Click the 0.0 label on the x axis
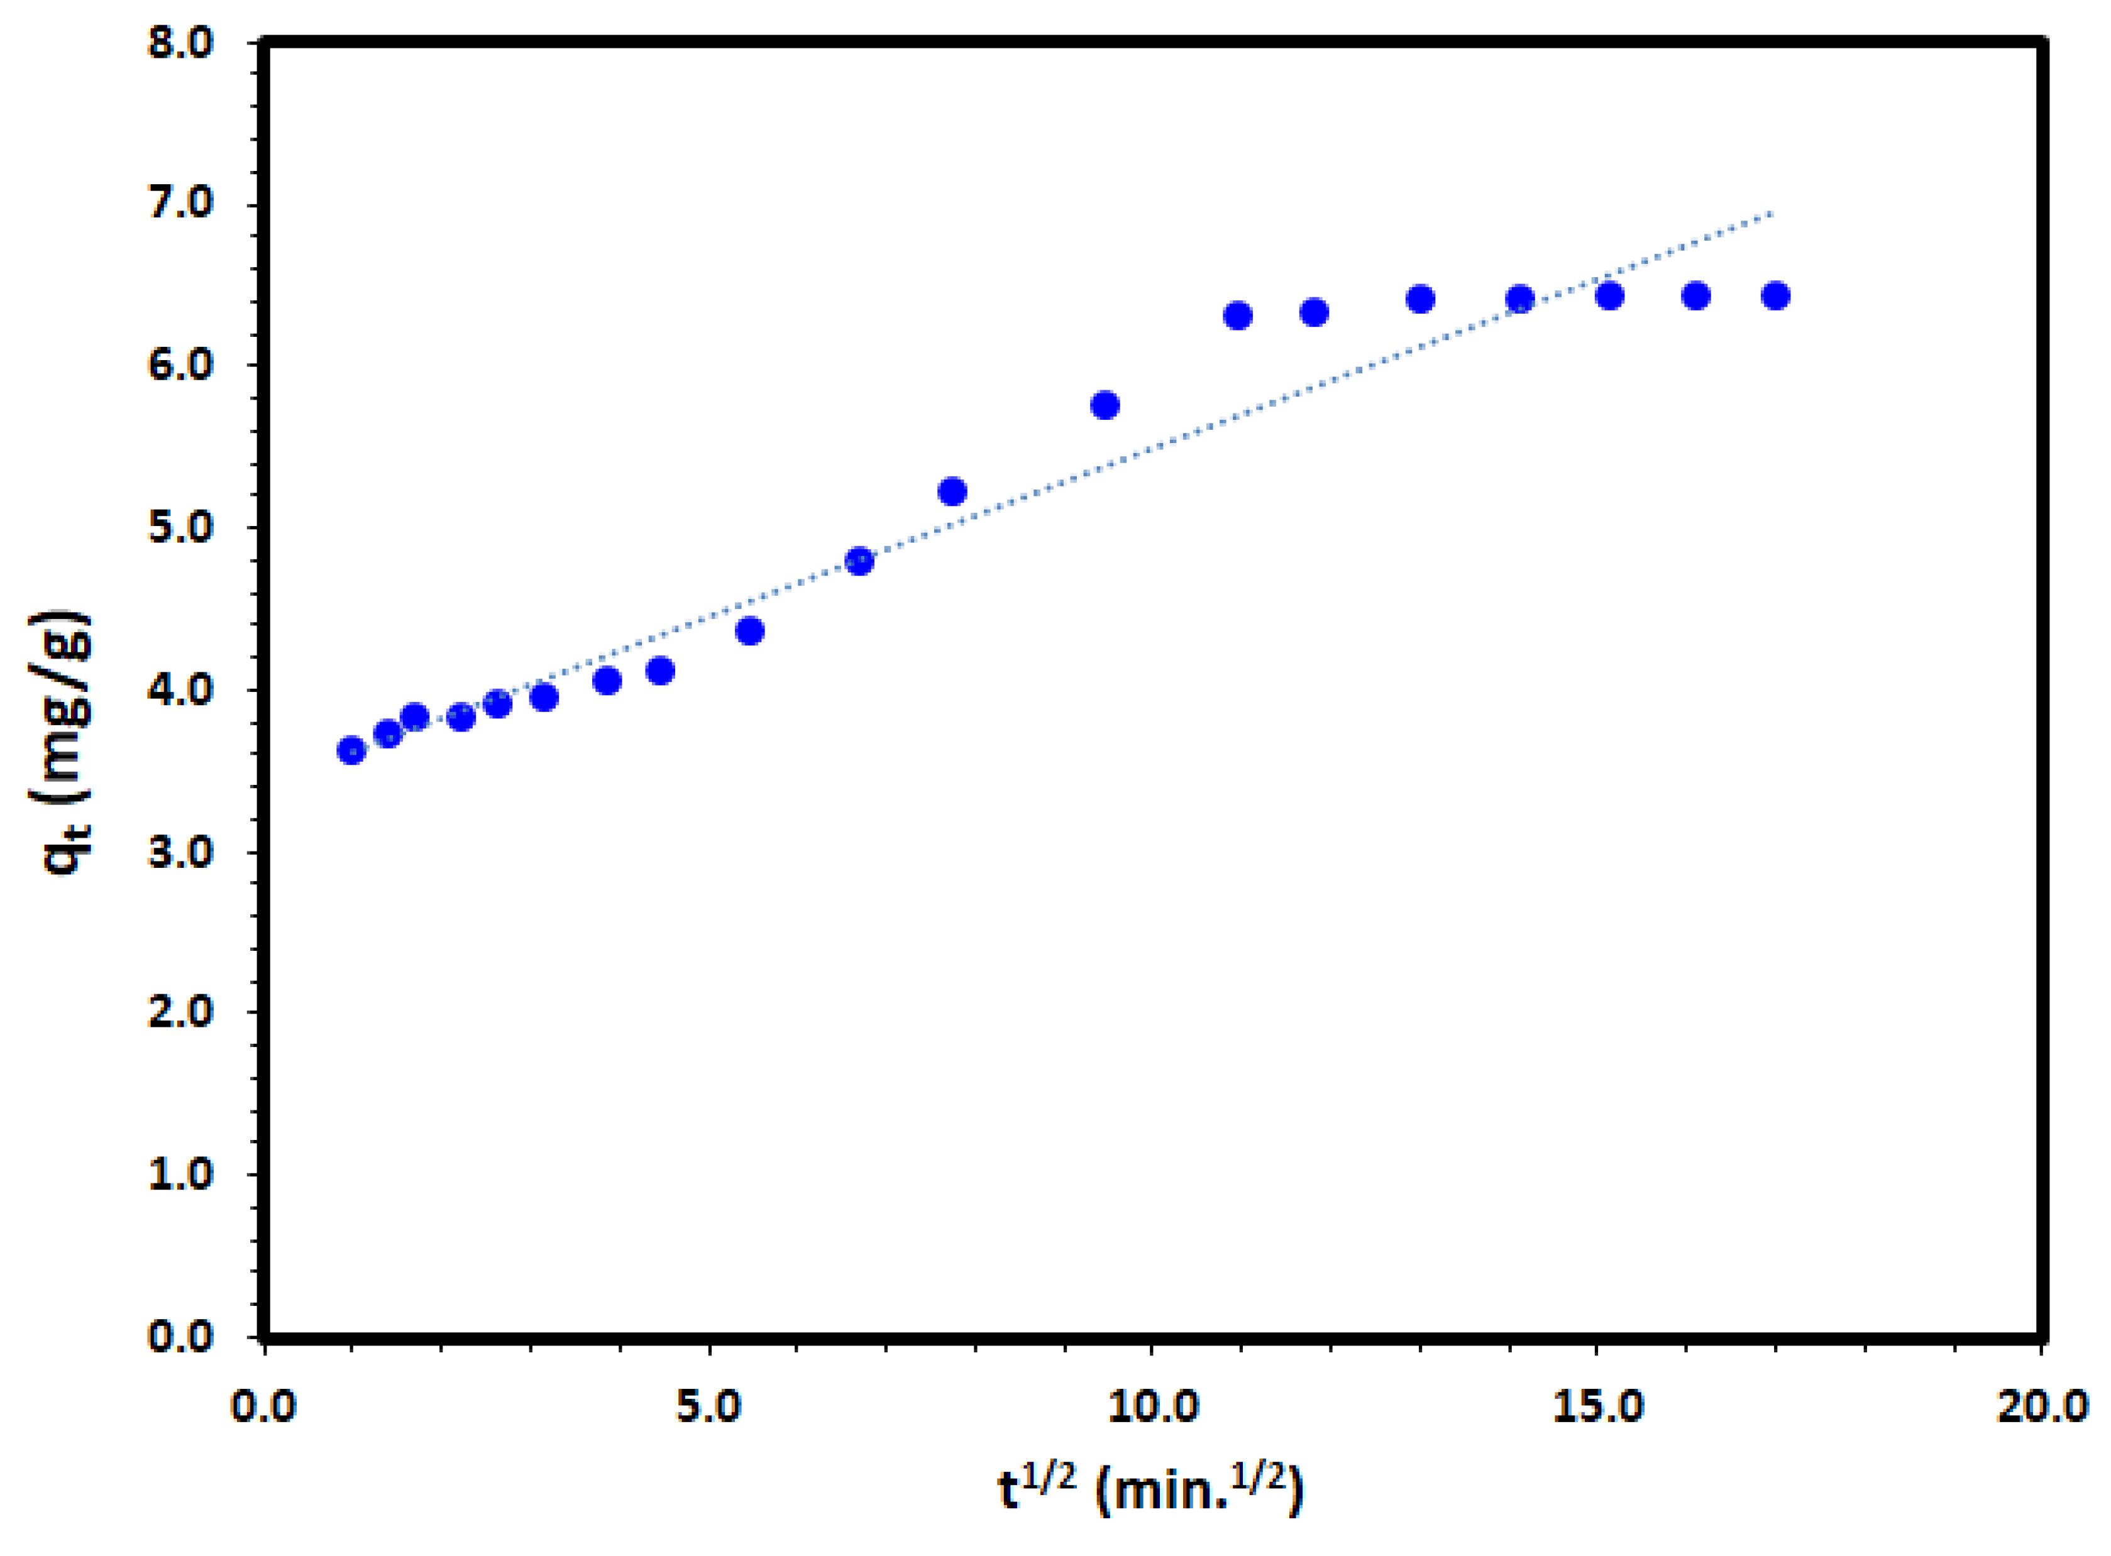[x=265, y=1406]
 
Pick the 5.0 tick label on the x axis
[x=708, y=1406]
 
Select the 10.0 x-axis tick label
[x=1152, y=1406]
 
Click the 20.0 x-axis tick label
[x=2041, y=1406]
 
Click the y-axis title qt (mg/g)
[x=68, y=743]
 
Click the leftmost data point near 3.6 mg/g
[x=351, y=751]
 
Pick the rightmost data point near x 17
[x=1775, y=296]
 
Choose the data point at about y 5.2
[x=952, y=491]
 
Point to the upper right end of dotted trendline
[x=1773, y=214]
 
